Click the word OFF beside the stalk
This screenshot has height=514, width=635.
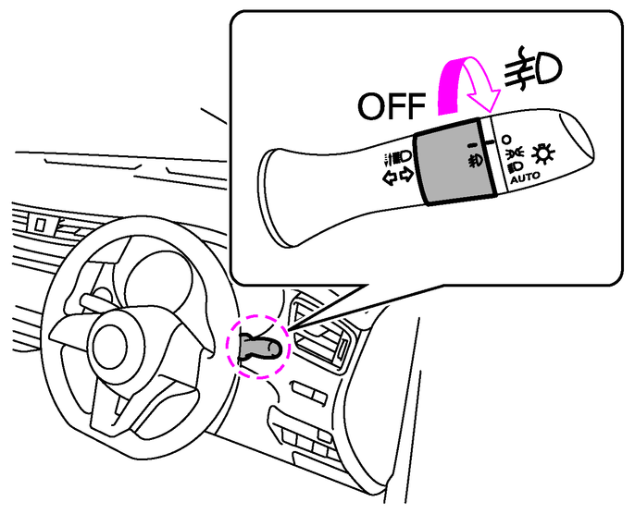(x=392, y=105)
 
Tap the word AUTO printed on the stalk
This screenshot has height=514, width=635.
(x=525, y=177)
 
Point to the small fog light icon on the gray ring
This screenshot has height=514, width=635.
(x=474, y=161)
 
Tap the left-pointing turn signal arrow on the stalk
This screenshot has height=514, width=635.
(x=392, y=177)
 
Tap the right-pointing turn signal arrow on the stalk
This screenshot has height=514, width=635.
(x=406, y=175)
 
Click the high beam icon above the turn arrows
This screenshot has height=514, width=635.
(x=397, y=158)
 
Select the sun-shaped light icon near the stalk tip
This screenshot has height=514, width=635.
(x=543, y=153)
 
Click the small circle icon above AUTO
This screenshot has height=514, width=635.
(x=505, y=140)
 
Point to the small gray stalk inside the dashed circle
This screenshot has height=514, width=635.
(x=259, y=348)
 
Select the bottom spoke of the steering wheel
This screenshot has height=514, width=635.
(x=116, y=409)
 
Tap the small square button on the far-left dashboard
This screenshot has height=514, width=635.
(x=39, y=224)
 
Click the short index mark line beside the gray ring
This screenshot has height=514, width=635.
(x=491, y=142)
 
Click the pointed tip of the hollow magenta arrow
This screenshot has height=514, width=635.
(x=491, y=112)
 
